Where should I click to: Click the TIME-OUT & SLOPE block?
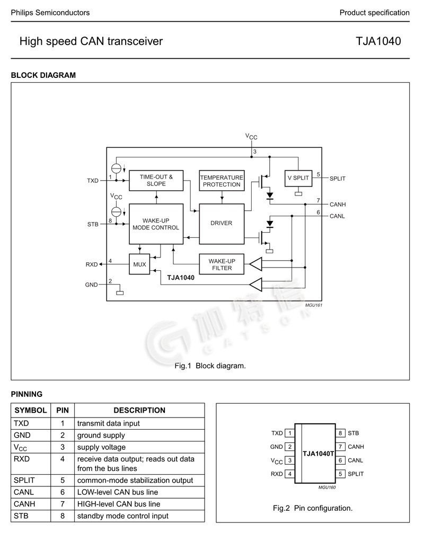tap(156, 180)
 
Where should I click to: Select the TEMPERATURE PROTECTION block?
tap(222, 181)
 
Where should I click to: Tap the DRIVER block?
tap(222, 223)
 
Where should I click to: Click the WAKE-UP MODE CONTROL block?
tap(156, 224)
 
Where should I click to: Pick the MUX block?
tap(139, 264)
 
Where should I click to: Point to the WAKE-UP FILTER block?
tap(222, 264)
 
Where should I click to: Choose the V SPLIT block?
tap(298, 179)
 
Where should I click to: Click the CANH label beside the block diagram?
tap(338, 205)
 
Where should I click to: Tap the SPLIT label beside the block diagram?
tap(337, 179)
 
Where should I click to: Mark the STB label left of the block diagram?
tap(93, 224)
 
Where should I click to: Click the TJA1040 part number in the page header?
tap(378, 41)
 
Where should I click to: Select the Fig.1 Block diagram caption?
tap(210, 366)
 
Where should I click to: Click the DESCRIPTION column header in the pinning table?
tap(139, 410)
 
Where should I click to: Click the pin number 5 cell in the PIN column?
tap(63, 480)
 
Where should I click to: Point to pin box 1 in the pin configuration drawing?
tap(290, 433)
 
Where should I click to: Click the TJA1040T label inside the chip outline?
tap(318, 454)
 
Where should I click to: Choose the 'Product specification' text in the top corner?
tap(374, 13)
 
